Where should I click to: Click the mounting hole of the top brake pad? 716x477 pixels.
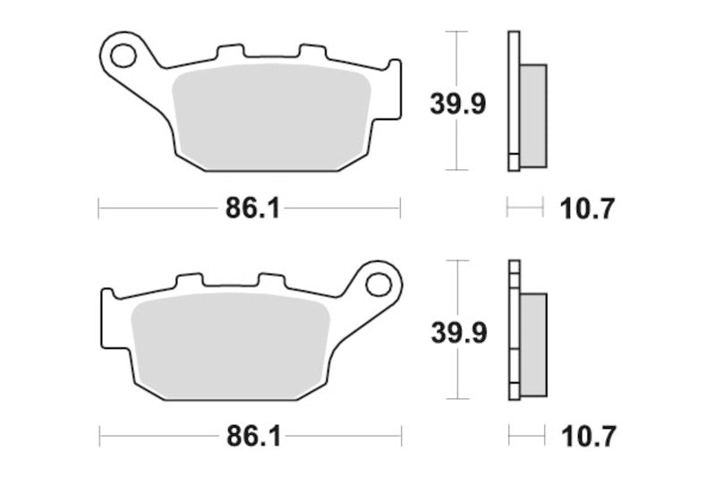point(124,56)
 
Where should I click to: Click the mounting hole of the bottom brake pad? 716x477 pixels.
point(379,285)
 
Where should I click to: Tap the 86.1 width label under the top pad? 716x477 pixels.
point(252,209)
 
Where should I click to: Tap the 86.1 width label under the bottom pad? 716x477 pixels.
point(253,438)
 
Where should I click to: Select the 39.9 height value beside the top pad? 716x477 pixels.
point(458,105)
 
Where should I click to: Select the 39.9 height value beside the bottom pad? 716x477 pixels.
point(459,333)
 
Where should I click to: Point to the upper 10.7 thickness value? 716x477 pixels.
point(587,209)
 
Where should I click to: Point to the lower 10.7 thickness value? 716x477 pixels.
point(588,438)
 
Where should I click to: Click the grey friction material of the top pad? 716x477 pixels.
point(272,117)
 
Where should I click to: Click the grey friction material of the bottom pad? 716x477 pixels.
point(231,346)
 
